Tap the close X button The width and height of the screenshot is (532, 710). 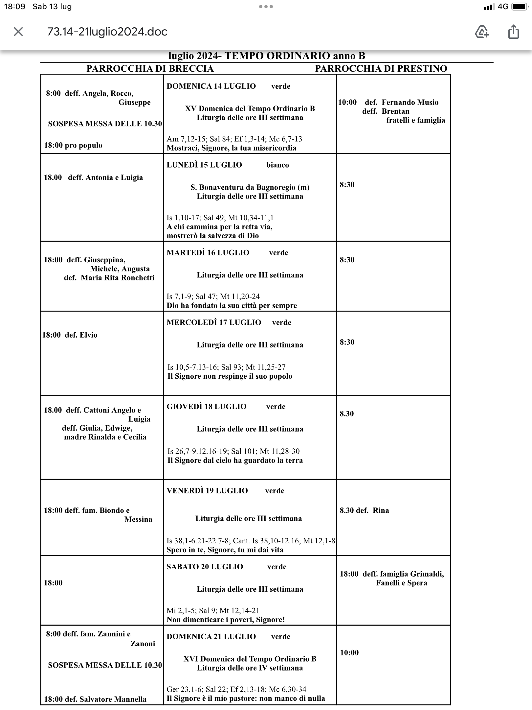(x=18, y=32)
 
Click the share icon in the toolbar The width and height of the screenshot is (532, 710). (x=513, y=32)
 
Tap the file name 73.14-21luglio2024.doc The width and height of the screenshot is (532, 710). (x=107, y=32)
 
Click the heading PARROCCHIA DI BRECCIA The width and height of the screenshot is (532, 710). (x=150, y=69)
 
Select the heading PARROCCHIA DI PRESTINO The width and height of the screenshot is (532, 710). (x=381, y=69)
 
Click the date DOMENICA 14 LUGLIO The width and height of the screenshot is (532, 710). (x=211, y=86)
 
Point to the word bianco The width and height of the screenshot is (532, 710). (x=277, y=165)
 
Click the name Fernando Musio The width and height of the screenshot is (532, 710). (x=410, y=102)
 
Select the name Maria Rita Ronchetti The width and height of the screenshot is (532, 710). (x=117, y=278)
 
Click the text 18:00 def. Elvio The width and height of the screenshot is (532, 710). (x=70, y=335)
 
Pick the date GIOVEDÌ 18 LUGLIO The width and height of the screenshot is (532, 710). (x=207, y=407)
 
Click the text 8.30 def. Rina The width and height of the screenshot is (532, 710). (x=364, y=510)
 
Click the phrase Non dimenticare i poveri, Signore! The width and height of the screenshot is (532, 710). (x=226, y=620)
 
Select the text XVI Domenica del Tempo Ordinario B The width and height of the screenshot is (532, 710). (x=250, y=659)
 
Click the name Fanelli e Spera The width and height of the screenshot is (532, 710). (x=402, y=583)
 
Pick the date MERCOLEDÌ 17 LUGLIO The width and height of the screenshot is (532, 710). (x=214, y=322)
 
